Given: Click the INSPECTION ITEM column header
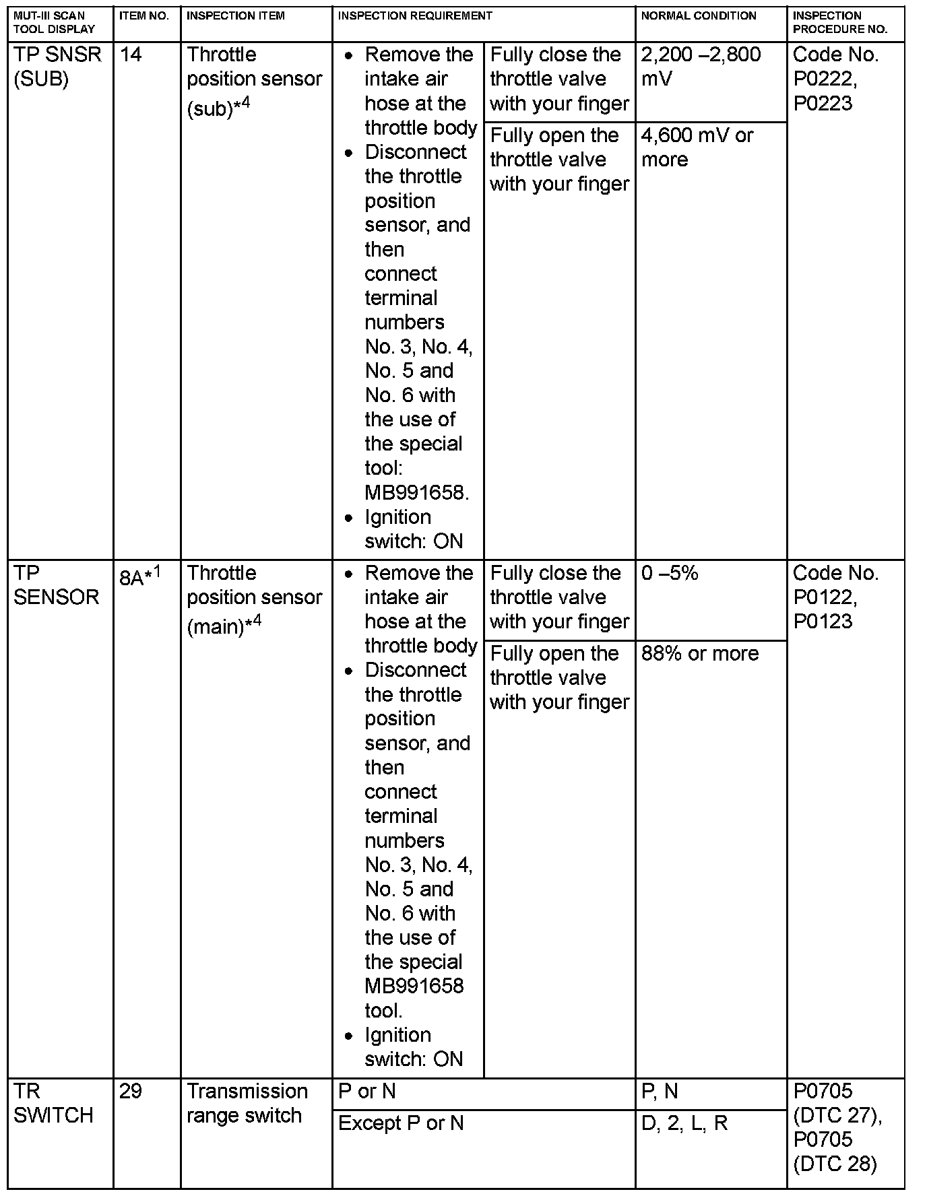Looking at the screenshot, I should tap(235, 15).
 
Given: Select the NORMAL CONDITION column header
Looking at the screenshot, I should tap(699, 15).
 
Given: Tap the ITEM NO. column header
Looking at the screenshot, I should tap(144, 15).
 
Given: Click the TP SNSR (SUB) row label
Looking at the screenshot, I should tap(57, 67).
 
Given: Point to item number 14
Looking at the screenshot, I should tap(131, 55).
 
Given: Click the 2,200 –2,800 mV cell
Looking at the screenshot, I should tap(701, 67).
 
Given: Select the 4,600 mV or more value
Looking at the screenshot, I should tap(697, 147).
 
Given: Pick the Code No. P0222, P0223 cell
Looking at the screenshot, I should tap(835, 79).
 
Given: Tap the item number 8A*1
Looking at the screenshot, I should tap(140, 576).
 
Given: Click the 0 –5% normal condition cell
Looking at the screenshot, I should tap(670, 573).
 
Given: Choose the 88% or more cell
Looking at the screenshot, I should tap(699, 653).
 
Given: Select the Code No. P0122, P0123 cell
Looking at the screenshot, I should tap(835, 597).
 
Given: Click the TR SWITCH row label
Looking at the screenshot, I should tap(53, 1103).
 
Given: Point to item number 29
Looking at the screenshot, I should tap(131, 1091).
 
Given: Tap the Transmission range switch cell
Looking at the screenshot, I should tap(247, 1103).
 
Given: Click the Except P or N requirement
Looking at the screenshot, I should tap(401, 1123).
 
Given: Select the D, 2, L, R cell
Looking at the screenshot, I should tap(684, 1123).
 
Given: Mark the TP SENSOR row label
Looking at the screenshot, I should tap(56, 585).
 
